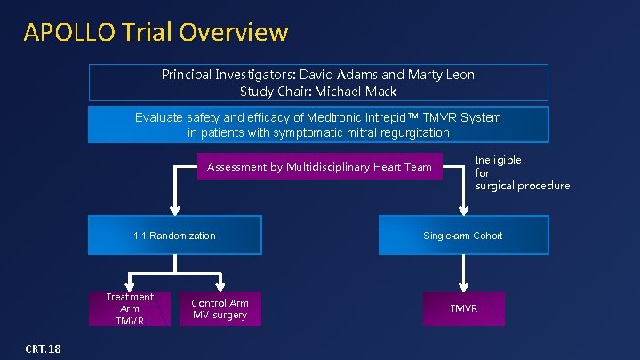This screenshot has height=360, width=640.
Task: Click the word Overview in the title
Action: click(x=233, y=32)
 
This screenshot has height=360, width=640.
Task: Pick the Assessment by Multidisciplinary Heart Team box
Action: click(x=319, y=166)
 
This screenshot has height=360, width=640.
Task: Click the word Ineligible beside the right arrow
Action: click(x=498, y=160)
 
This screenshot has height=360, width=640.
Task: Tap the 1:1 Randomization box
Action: click(x=174, y=236)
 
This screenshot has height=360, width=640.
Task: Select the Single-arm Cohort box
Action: click(x=462, y=236)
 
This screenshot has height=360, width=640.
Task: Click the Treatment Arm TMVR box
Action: click(x=130, y=308)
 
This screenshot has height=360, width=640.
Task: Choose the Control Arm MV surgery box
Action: click(x=220, y=308)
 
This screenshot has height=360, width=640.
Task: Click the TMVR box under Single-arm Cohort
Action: click(x=463, y=308)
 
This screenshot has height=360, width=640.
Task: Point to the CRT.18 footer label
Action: click(x=43, y=348)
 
